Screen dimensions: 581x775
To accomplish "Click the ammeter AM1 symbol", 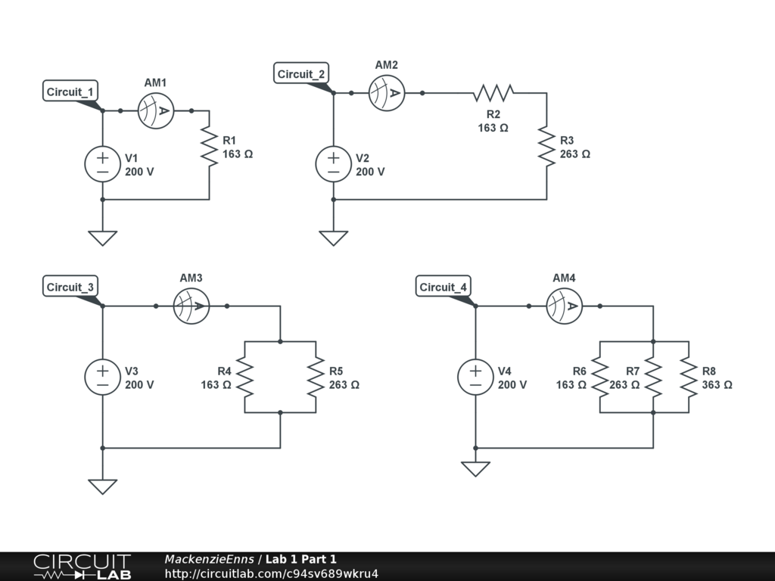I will (x=156, y=111).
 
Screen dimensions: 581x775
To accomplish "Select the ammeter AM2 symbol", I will (x=387, y=93).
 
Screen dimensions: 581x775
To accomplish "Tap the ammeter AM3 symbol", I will (x=191, y=306).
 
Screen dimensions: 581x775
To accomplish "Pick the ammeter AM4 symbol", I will (x=565, y=306).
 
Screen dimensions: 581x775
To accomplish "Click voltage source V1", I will (x=102, y=164).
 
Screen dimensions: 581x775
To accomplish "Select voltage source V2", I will (x=333, y=164).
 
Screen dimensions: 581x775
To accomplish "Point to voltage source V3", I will (x=102, y=377).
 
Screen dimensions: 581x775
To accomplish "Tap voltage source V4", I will (x=475, y=377).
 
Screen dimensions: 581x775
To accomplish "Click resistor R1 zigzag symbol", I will (x=209, y=147).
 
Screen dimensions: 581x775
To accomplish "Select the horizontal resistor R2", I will (x=493, y=93).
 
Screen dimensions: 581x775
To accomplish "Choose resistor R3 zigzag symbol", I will (x=546, y=147).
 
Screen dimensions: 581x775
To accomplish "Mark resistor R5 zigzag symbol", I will (x=316, y=377).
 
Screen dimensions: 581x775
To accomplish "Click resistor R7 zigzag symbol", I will (x=653, y=377).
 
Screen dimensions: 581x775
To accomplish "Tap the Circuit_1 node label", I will (x=70, y=92).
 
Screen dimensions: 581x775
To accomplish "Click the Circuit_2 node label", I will (x=301, y=74).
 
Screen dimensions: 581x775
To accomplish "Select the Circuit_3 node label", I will (x=70, y=287).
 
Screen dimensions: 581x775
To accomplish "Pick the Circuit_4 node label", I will (x=444, y=287).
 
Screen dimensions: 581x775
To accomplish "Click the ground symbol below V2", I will (x=333, y=238).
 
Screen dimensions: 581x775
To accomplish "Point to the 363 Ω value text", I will (x=717, y=384).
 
